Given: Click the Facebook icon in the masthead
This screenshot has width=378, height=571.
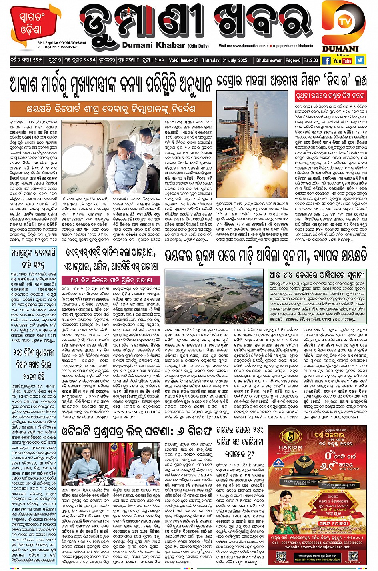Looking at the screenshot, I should (x=326, y=60).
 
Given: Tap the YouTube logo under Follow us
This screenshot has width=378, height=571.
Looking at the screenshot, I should (x=342, y=60).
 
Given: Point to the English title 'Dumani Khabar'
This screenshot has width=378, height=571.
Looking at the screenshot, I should (x=154, y=45).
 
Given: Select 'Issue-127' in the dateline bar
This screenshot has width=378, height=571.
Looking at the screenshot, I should (x=189, y=60).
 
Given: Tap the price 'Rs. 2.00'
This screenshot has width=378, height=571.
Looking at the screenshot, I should (x=311, y=60).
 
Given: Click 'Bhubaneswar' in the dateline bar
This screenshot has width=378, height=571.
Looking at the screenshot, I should (x=269, y=60).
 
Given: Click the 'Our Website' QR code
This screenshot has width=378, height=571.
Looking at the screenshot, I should (x=281, y=556).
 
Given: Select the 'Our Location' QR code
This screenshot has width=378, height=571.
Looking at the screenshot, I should (x=353, y=556).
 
